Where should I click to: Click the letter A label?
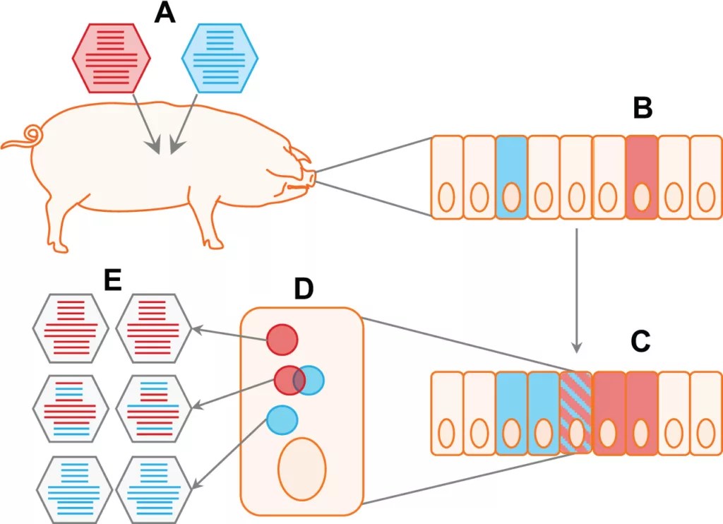(x=165, y=13)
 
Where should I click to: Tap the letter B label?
(x=642, y=108)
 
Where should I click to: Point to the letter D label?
(x=303, y=288)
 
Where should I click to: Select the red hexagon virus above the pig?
(x=112, y=57)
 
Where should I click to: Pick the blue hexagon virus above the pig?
(x=220, y=57)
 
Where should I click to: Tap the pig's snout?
(x=310, y=177)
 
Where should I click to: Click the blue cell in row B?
(x=512, y=177)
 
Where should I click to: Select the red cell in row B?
(x=641, y=177)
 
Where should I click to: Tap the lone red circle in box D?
(x=282, y=340)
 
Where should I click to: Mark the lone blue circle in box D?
(x=282, y=419)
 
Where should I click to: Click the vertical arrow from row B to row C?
(x=577, y=290)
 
